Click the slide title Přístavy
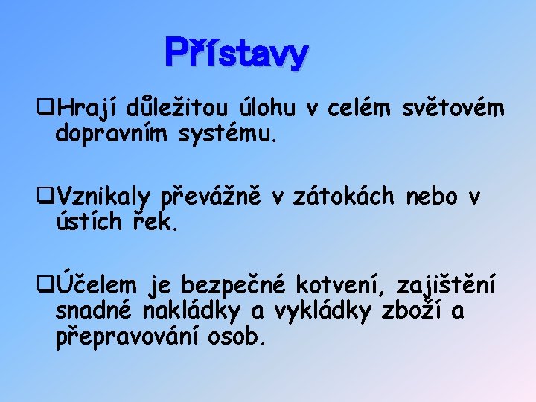coord(236,54)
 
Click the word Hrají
coord(86,110)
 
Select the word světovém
coord(453,110)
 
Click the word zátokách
coord(347,197)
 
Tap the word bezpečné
coord(235,284)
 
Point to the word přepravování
coord(124,336)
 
